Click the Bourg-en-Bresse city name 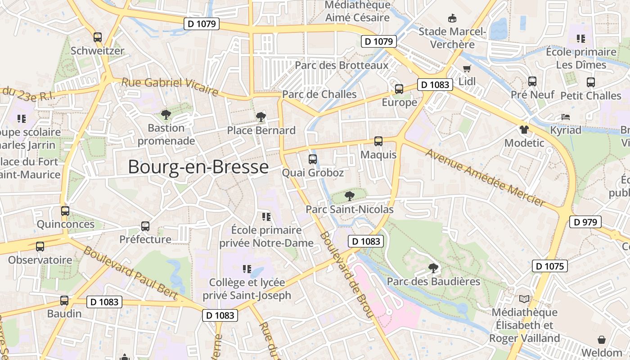coord(198,167)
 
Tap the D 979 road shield coord(585,222)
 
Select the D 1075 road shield coord(549,266)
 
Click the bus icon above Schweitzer coord(98,37)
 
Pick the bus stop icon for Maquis coord(378,141)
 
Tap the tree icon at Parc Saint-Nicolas coord(349,196)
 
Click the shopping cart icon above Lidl coord(467,69)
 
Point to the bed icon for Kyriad coord(566,117)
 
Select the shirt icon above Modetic coord(524,130)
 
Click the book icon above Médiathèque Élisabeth coord(524,299)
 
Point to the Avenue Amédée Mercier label coord(486,178)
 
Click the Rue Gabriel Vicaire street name coord(170,86)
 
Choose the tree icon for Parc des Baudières coord(433,268)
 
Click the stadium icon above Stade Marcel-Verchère coord(452,18)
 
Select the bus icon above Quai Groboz coord(312,159)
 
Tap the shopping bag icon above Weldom coord(602,339)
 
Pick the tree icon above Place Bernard coord(261,117)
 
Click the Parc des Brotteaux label coord(341,65)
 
